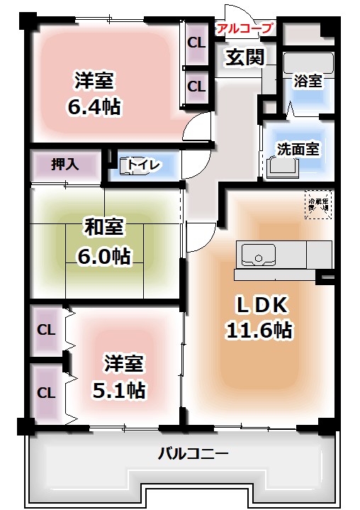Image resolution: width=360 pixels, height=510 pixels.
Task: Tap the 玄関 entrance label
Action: coord(244,57)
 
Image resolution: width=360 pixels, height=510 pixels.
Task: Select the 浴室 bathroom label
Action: coord(308,82)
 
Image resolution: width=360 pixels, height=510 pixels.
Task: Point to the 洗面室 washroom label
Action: coord(297,149)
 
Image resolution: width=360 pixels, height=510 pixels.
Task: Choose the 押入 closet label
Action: coord(64,165)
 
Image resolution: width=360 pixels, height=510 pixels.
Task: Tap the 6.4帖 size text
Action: coord(94,108)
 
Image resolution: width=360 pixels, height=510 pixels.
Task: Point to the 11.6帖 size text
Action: coord(259,330)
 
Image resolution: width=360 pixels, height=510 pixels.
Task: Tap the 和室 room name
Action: coord(104,228)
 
